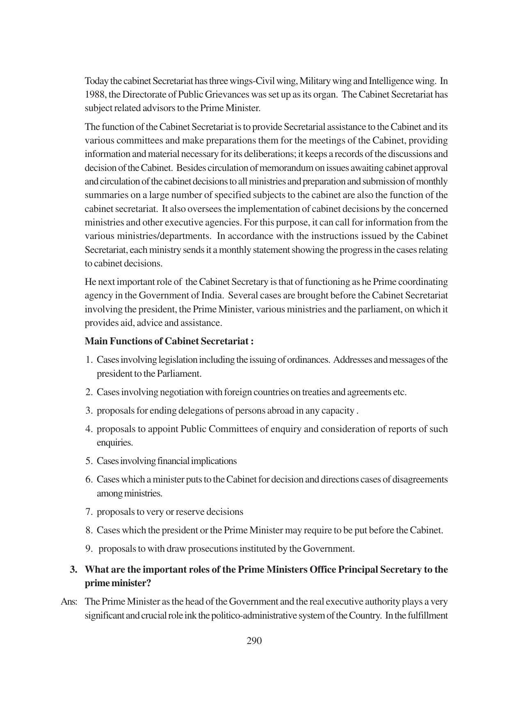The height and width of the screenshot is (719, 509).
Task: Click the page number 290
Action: [254, 641]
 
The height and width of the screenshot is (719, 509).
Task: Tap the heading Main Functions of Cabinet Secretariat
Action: [169, 341]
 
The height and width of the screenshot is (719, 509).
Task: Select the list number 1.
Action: [89, 360]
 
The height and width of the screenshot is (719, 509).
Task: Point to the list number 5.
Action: [89, 461]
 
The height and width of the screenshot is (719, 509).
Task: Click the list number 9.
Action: [89, 549]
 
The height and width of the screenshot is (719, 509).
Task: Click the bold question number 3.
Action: [74, 570]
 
